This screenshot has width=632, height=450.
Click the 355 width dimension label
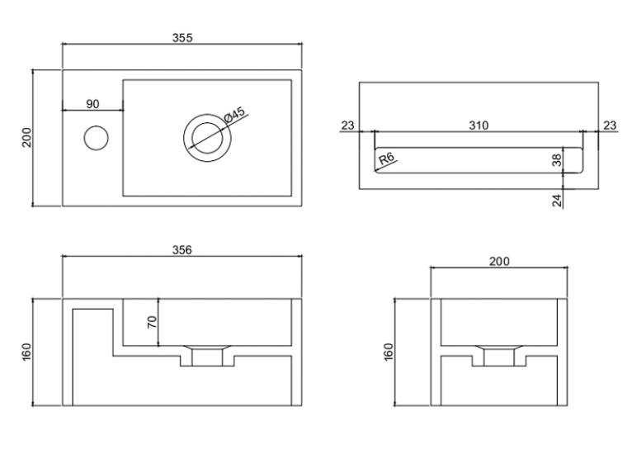(182, 37)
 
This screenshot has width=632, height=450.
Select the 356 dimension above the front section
(182, 250)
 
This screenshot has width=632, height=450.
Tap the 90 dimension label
(92, 104)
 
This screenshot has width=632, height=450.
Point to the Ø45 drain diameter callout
(234, 115)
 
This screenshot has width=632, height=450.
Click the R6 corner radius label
(386, 158)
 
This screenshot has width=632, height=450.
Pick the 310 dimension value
(479, 126)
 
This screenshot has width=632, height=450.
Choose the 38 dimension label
(557, 160)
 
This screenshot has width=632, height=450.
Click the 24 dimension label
(557, 201)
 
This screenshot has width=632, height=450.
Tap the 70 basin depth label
(152, 322)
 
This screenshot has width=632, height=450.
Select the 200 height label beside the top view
(26, 138)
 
